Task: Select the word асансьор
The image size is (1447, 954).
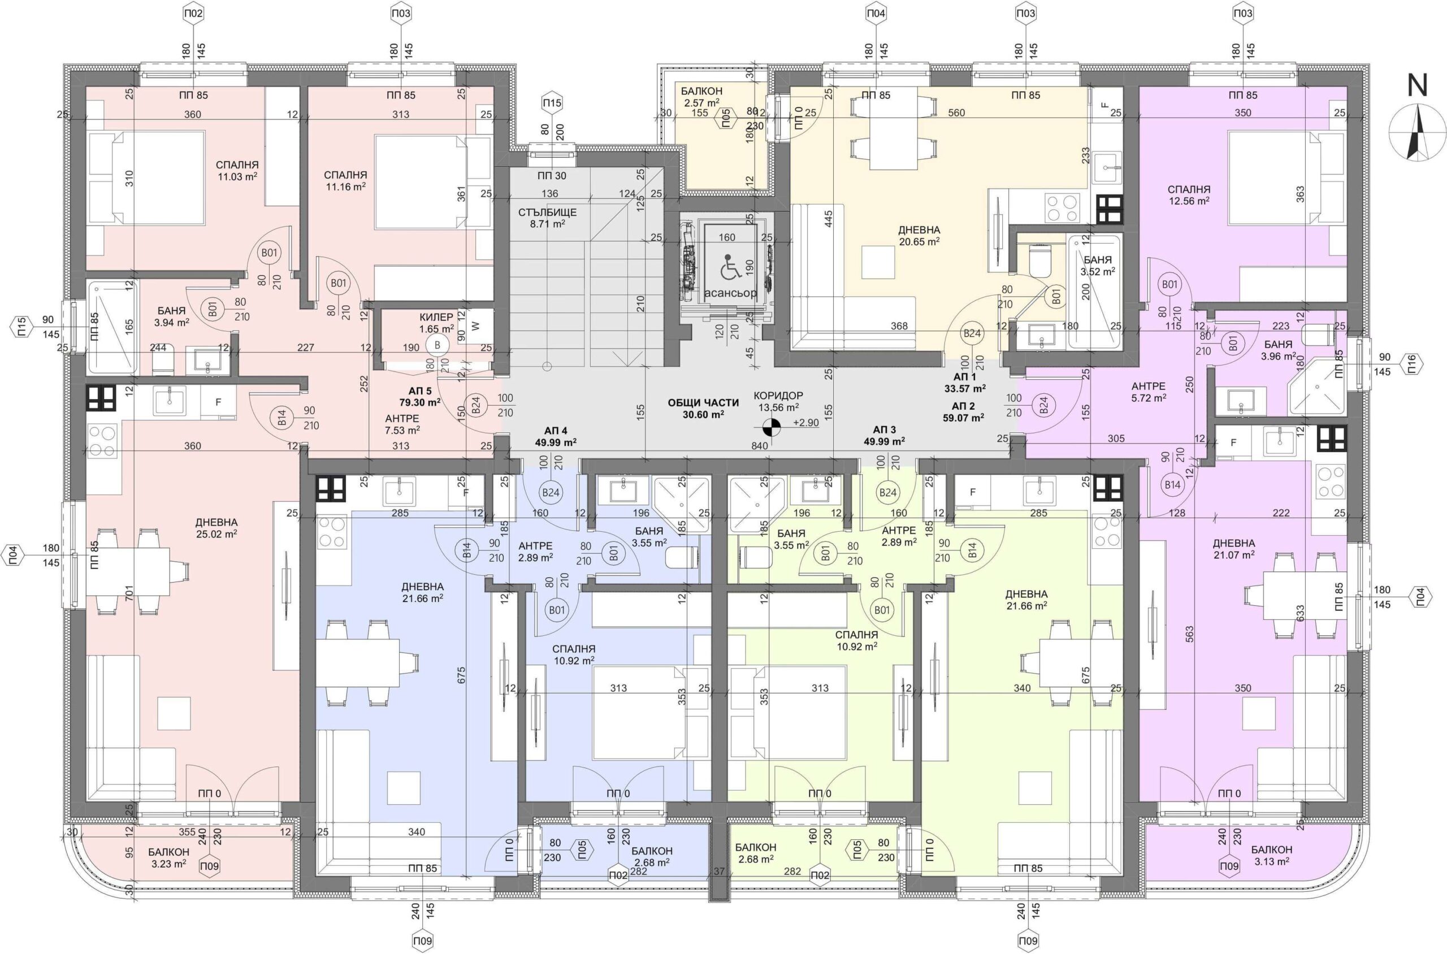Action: pyautogui.click(x=730, y=293)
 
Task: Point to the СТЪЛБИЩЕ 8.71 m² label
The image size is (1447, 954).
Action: pyautogui.click(x=547, y=218)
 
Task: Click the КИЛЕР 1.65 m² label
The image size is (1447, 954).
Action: pyautogui.click(x=436, y=323)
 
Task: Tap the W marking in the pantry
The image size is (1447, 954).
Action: pyautogui.click(x=476, y=326)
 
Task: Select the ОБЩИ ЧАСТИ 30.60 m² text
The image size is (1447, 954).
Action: pyautogui.click(x=703, y=408)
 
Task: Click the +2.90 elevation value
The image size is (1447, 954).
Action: pyautogui.click(x=805, y=423)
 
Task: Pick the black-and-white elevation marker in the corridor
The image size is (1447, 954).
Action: pyautogui.click(x=771, y=427)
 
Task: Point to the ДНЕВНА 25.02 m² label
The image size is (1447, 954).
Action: pyautogui.click(x=216, y=528)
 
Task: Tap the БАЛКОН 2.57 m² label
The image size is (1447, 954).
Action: pyautogui.click(x=700, y=97)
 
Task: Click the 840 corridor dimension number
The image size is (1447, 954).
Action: pyautogui.click(x=760, y=446)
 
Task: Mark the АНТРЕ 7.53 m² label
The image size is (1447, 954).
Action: pyautogui.click(x=402, y=424)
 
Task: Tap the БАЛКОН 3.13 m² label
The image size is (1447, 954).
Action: pyautogui.click(x=1272, y=855)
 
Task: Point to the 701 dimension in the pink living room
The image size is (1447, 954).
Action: pyautogui.click(x=128, y=593)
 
